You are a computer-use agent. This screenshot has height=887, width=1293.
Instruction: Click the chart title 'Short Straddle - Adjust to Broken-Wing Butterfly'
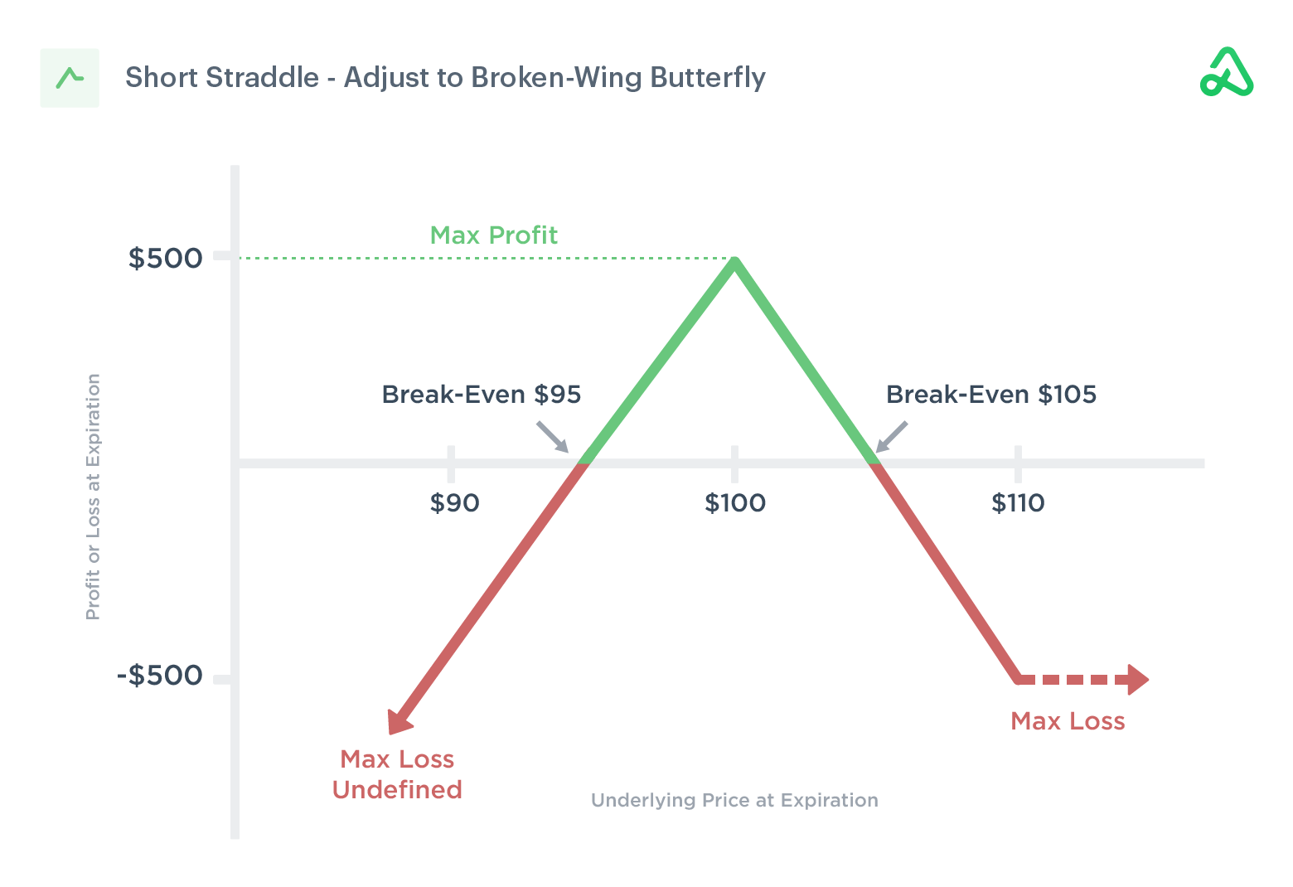point(445,77)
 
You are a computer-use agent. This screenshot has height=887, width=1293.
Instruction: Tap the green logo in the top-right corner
point(1227,73)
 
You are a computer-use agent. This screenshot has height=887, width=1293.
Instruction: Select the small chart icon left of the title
point(70,78)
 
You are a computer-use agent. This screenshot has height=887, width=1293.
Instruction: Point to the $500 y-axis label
point(165,258)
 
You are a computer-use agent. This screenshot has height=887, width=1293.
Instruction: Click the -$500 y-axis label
point(160,675)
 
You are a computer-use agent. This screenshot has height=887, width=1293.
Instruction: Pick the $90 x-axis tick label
point(454,502)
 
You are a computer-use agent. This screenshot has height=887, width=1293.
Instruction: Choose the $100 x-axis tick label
point(735,502)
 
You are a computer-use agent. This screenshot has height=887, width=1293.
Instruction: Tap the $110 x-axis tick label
point(1018,502)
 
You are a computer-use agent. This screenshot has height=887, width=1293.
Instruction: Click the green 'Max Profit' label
point(493,235)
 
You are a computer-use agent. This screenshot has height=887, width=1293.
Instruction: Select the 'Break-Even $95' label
point(481,395)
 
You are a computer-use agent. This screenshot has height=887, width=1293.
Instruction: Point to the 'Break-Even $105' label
point(991,395)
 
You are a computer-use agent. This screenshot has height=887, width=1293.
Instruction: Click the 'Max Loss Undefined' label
point(397,774)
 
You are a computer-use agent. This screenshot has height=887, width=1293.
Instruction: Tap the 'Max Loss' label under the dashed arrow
point(1068,721)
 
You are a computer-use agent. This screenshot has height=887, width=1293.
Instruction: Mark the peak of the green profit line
point(734,262)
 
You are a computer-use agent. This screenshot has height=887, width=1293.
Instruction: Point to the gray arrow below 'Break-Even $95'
point(553,437)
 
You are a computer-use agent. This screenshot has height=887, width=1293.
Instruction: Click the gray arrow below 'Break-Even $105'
point(892,437)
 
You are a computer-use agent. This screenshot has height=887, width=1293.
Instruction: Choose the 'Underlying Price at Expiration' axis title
point(734,800)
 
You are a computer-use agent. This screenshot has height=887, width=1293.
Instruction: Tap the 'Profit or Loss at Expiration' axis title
point(93,497)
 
